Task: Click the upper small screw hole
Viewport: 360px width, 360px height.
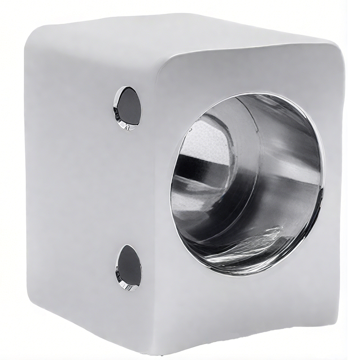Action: click(128, 108)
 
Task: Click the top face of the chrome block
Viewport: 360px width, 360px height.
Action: click(180, 34)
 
